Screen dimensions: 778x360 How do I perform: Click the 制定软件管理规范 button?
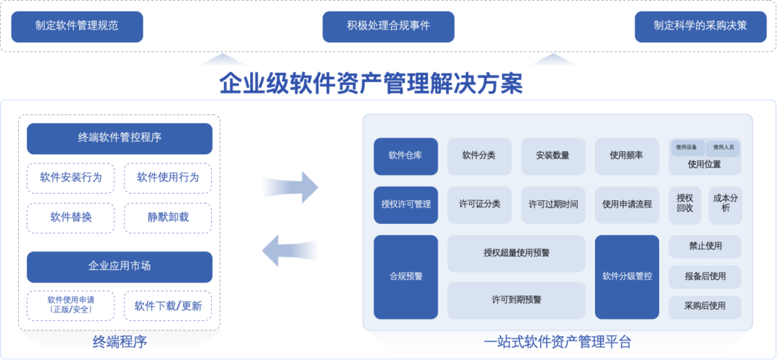(x=77, y=27)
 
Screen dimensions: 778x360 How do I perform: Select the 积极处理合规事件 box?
(x=388, y=27)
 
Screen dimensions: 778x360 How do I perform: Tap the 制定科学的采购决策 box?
(x=700, y=27)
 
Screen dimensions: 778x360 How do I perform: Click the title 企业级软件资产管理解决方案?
(x=371, y=84)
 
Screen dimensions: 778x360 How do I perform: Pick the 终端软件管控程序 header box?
(x=120, y=138)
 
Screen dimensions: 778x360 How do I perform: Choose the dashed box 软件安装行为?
(x=71, y=178)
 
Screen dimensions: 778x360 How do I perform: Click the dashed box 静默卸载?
(x=168, y=217)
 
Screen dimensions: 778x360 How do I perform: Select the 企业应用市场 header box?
(x=120, y=267)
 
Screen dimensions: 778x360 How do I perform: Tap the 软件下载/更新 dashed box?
(x=168, y=305)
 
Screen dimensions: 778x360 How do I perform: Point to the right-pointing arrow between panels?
(x=291, y=187)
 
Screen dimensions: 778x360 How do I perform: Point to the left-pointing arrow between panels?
(x=290, y=251)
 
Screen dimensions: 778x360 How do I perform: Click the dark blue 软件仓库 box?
(x=406, y=156)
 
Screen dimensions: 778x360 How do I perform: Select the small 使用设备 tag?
(x=687, y=148)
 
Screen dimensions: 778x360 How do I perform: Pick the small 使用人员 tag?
(x=723, y=148)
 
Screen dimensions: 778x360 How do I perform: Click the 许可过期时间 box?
(x=553, y=204)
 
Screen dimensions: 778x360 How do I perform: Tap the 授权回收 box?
(x=685, y=204)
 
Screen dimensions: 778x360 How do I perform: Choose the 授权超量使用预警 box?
(x=517, y=253)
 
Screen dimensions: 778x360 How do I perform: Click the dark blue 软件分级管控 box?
(x=627, y=276)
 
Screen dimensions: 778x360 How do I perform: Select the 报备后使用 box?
(x=705, y=276)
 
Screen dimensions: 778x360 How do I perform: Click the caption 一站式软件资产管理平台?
(x=557, y=342)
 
